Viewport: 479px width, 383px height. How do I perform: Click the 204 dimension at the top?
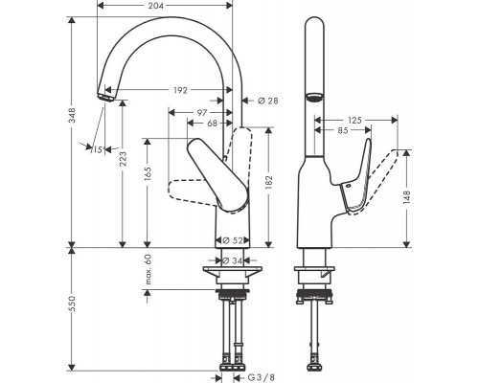pyautogui.click(x=166, y=6)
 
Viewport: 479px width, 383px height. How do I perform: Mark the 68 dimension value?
pyautogui.click(x=210, y=123)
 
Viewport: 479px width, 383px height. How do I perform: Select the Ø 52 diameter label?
pyautogui.click(x=231, y=240)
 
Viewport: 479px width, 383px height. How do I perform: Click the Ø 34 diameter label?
pyautogui.click(x=231, y=261)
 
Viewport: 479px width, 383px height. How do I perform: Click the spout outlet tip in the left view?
pyautogui.click(x=103, y=96)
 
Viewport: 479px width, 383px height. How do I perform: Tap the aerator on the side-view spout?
pyautogui.click(x=313, y=98)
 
